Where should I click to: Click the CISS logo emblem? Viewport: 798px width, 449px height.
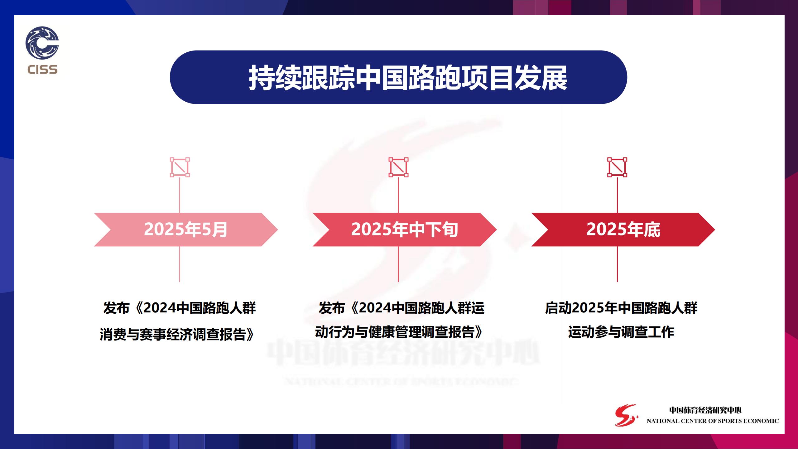coord(42,43)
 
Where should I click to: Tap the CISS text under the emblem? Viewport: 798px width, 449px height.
coord(42,70)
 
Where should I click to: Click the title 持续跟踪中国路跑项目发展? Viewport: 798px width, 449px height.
coord(408,78)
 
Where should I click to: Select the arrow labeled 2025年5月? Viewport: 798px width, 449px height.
coord(186,229)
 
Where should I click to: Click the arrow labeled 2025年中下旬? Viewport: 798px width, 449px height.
coord(405,229)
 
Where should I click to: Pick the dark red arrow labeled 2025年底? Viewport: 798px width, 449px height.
coord(623,229)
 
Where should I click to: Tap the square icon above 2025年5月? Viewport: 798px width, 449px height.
coord(180,167)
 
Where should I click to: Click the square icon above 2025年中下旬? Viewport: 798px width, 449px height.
coord(398,167)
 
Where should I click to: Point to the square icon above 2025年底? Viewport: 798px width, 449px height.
coord(617,167)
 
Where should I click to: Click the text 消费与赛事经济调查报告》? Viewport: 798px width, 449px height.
coord(177,334)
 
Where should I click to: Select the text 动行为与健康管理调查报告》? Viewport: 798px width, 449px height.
coord(399,332)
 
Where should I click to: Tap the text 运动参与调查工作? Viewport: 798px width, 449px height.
coord(621,332)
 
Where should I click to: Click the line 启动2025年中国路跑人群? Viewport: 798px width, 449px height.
coord(621,308)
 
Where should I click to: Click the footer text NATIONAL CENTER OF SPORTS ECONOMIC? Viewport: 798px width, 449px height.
coord(713,421)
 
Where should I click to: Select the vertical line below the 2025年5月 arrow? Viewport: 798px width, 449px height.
coord(180,264)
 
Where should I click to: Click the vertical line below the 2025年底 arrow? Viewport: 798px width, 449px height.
coord(617,264)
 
